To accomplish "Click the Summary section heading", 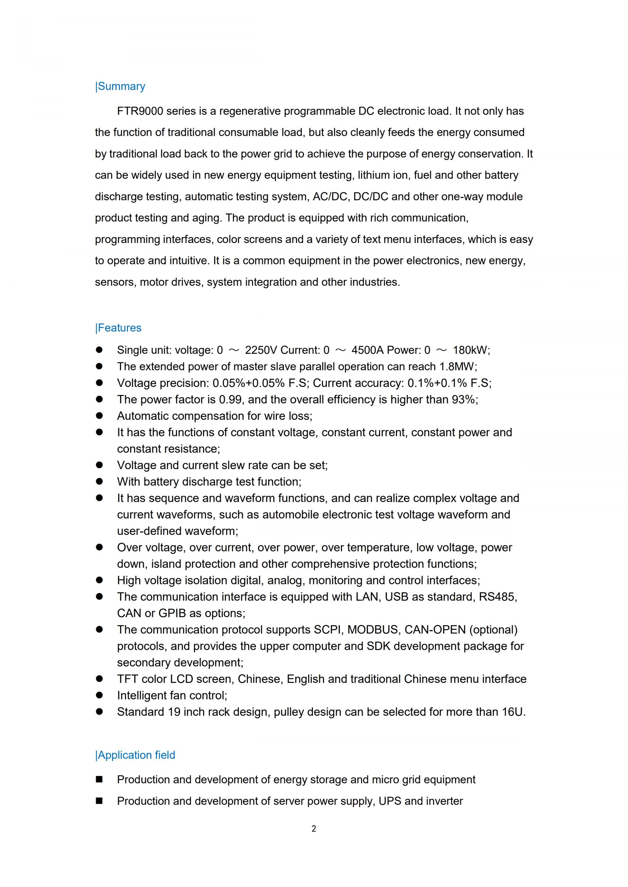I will pyautogui.click(x=121, y=86).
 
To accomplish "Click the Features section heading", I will pyautogui.click(x=119, y=328).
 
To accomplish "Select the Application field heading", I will pyautogui.click(x=136, y=755).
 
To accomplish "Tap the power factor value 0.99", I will pyautogui.click(x=231, y=399).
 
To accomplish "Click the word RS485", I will pyautogui.click(x=497, y=597).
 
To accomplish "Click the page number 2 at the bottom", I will pyautogui.click(x=314, y=828).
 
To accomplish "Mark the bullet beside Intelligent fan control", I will pyautogui.click(x=99, y=695).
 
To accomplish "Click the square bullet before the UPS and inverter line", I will pyautogui.click(x=99, y=801).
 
